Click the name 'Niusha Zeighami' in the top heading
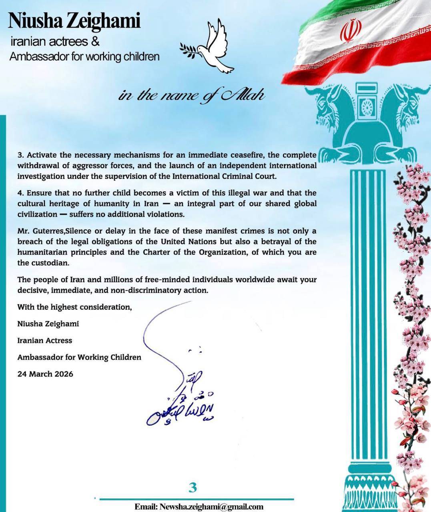coord(74,20)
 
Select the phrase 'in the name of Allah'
coord(191,96)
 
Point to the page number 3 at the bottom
coord(193,488)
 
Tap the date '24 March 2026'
coord(45,374)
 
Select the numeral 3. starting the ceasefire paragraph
coord(21,155)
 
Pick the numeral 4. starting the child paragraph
coord(21,193)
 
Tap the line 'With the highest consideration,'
coord(74,307)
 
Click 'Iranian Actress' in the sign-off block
coord(45,340)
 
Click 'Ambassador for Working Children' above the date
coord(79,357)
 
